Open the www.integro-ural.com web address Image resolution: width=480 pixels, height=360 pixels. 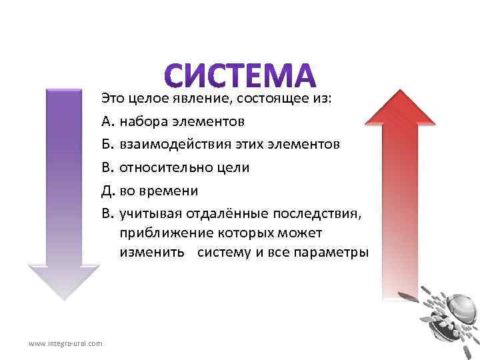(x=65, y=343)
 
